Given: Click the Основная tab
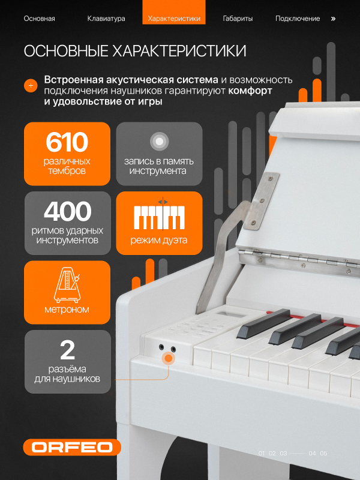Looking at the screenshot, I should coord(39,19).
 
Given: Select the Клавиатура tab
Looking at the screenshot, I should coord(106,19).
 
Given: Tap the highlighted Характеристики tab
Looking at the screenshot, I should coord(173,19).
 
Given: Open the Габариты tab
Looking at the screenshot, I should coord(238,19).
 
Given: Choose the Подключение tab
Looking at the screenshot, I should coord(298,19).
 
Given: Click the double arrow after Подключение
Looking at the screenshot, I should coord(334,19).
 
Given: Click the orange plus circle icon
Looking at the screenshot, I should coord(31,86).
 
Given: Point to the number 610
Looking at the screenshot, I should coord(67,143).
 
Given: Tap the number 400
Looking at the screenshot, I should coord(67,212).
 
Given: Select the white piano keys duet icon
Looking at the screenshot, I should coord(159,217).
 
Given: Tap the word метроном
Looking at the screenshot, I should coord(67,310).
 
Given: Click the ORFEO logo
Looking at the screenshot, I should coord(72,448).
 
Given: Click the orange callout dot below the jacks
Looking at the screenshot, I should coord(169,359).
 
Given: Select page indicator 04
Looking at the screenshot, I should coord(312,454).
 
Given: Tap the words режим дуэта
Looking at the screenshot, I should coord(159,241).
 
